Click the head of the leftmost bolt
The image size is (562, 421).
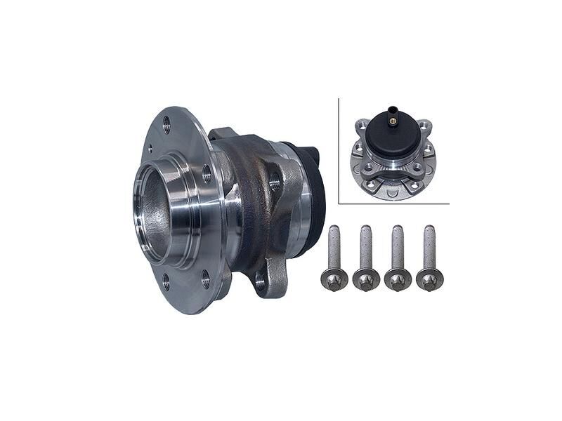coord(333,279)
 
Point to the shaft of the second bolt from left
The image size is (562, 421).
coord(365,247)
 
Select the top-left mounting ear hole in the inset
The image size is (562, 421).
coord(361,127)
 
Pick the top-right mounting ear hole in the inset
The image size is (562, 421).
coord(426,127)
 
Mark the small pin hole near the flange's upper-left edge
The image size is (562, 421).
coord(149,148)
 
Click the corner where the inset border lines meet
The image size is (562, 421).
coord(339,203)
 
